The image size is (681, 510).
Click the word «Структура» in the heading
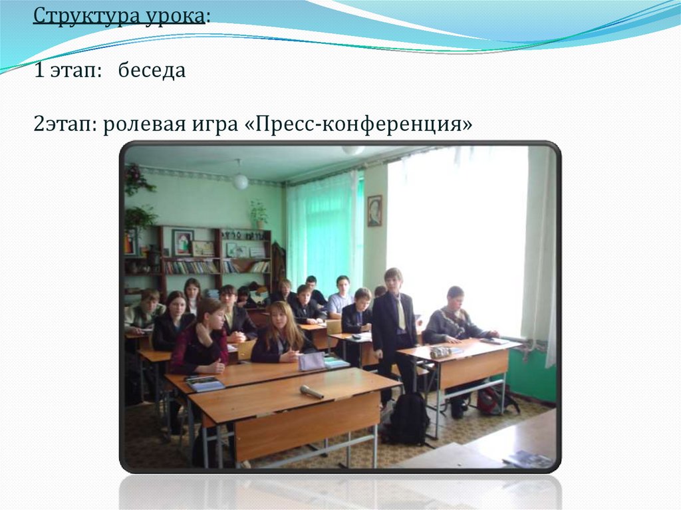click(85, 15)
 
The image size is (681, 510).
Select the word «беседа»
click(152, 70)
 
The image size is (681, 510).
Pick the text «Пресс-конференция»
click(358, 124)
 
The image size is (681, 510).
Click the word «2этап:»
click(66, 124)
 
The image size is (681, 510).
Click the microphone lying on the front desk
click(311, 392)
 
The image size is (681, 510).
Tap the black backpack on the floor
click(406, 419)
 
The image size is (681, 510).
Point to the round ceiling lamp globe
click(240, 181)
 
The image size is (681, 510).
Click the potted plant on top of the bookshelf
click(258, 214)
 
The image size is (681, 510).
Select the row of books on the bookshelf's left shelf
click(191, 267)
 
